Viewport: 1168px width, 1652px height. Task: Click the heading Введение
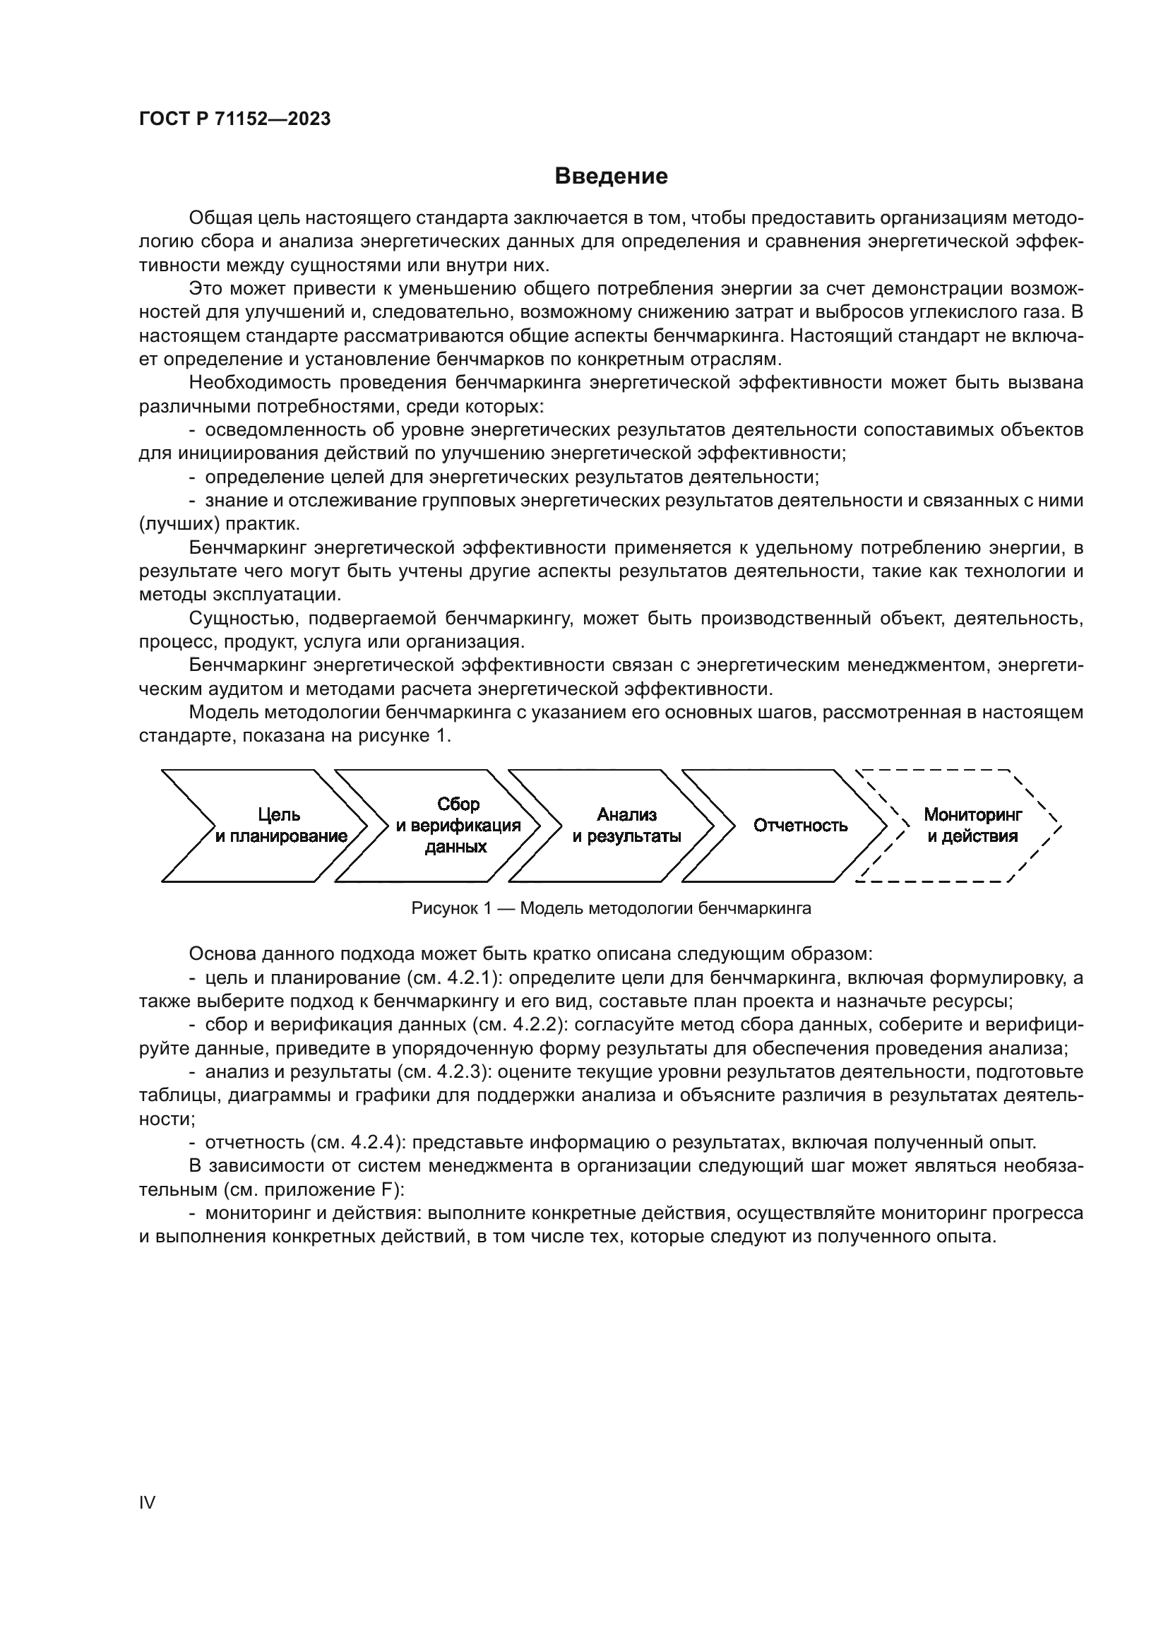[x=611, y=177]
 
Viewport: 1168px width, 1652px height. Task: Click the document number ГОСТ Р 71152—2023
[x=234, y=119]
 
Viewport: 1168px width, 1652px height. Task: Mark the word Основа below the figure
[x=219, y=954]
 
